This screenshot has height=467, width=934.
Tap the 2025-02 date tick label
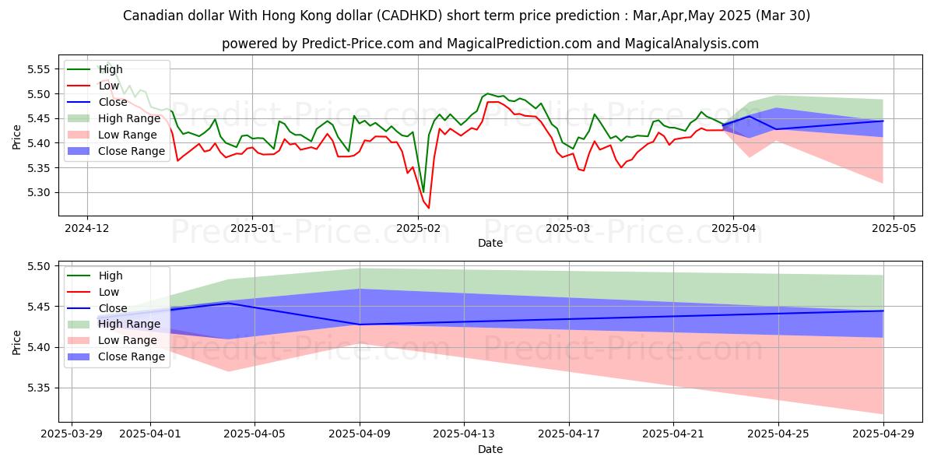pyautogui.click(x=419, y=228)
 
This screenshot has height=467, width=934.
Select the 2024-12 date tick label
pyautogui.click(x=86, y=228)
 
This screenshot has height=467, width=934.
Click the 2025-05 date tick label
pyautogui.click(x=893, y=228)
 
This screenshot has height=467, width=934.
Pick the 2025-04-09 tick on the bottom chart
pyautogui.click(x=360, y=434)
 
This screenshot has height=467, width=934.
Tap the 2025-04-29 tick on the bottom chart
pyautogui.click(x=883, y=434)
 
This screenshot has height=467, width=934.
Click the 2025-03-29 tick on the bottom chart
pyautogui.click(x=72, y=434)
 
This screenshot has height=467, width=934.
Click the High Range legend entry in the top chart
pyautogui.click(x=128, y=118)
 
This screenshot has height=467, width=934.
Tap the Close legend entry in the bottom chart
pyautogui.click(x=112, y=308)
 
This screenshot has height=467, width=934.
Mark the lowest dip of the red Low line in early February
pyautogui.click(x=428, y=208)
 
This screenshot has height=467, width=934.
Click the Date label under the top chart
pyautogui.click(x=490, y=243)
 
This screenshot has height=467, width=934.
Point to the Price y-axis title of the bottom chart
pyautogui.click(x=17, y=341)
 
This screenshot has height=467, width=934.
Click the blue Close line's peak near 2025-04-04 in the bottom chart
pyautogui.click(x=229, y=303)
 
